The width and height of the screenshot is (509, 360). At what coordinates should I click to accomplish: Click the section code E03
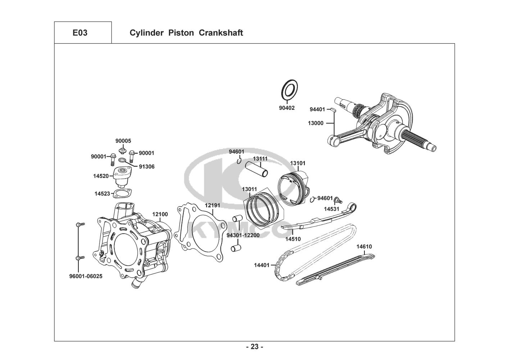coord(80,33)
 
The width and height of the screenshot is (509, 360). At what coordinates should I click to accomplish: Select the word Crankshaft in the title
coord(221,33)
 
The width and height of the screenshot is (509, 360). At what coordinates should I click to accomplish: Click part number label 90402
coord(287,108)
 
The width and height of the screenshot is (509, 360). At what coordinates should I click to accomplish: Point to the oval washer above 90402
coord(290,90)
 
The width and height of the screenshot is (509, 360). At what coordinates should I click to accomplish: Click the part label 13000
coord(315,123)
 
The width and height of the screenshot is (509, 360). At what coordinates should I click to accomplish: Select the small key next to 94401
coord(333,109)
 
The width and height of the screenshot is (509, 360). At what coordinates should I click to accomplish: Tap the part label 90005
coord(123,141)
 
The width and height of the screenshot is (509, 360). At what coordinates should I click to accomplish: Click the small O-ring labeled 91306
coord(122,161)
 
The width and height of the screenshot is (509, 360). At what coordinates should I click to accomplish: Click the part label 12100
coord(160,214)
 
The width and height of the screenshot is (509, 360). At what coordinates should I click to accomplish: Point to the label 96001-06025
coord(86,276)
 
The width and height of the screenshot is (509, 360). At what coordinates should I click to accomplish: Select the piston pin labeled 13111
coord(256,169)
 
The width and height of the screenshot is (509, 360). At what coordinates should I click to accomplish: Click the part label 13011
coord(249,189)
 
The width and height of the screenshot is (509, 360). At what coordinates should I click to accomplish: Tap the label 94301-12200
coord(243,235)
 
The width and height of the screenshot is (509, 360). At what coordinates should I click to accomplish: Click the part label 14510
coord(293,239)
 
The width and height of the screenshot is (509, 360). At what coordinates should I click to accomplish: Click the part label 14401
coord(262,265)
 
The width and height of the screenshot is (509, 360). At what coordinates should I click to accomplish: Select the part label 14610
coord(364,247)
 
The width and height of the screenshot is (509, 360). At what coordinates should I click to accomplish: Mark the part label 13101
coord(298,163)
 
